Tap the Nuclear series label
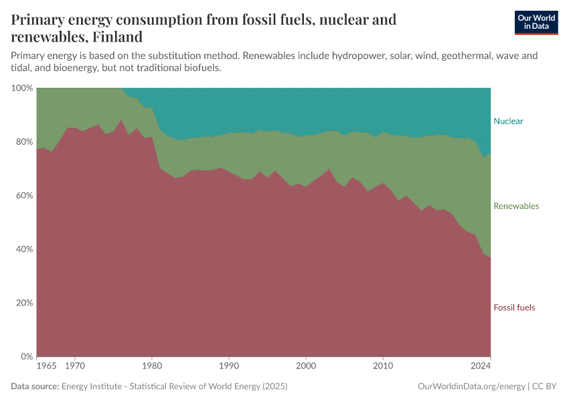click(508, 121)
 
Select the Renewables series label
click(516, 206)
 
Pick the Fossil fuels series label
click(514, 308)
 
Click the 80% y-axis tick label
click(23, 142)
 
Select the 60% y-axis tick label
click(23, 196)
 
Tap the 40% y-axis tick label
click(23, 249)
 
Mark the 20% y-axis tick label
click(23, 303)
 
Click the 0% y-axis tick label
click(26, 356)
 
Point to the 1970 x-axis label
click(75, 367)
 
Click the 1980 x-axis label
click(152, 367)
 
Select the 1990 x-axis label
click(229, 367)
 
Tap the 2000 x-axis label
click(306, 367)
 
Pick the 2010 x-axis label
click(383, 367)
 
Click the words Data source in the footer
click(35, 387)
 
